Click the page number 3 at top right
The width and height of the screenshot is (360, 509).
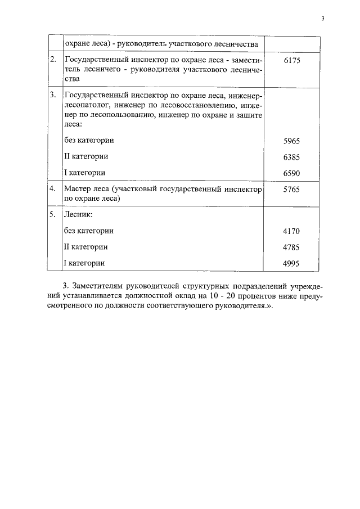pos(323,19)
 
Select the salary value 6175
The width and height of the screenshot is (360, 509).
pos(292,60)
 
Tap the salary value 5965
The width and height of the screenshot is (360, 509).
pos(292,141)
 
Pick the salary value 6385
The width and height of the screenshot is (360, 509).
pos(292,156)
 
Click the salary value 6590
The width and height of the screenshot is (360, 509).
pos(292,173)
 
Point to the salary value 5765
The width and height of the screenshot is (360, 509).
pos(292,190)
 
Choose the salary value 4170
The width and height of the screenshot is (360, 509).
pos(292,231)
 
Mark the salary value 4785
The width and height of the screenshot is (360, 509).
pos(292,247)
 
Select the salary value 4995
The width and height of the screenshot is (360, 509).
pos(292,263)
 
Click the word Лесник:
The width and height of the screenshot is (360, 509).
pos(78,215)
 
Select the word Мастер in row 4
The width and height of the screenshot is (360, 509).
pos(78,190)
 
